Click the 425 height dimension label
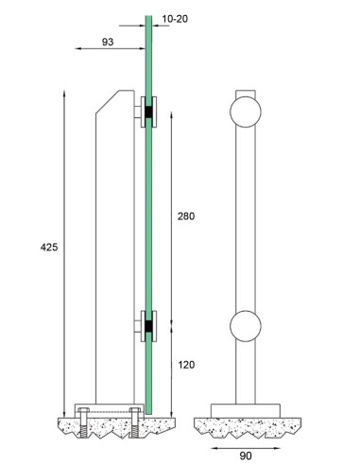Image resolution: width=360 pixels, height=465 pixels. click(x=49, y=248)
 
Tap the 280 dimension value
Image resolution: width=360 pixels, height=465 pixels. click(x=186, y=216)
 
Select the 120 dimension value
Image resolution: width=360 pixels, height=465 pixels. click(x=186, y=365)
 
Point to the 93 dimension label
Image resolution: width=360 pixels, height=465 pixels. click(x=108, y=42)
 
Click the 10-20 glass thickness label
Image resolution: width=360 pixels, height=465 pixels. click(x=175, y=19)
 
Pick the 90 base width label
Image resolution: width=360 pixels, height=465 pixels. click(x=246, y=456)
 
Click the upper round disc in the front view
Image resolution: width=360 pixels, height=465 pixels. click(x=246, y=112)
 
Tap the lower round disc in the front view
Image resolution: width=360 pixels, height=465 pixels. click(x=246, y=326)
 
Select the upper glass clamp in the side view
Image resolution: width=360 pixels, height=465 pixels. click(x=148, y=112)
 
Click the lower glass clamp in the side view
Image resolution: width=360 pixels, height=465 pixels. click(x=148, y=326)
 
